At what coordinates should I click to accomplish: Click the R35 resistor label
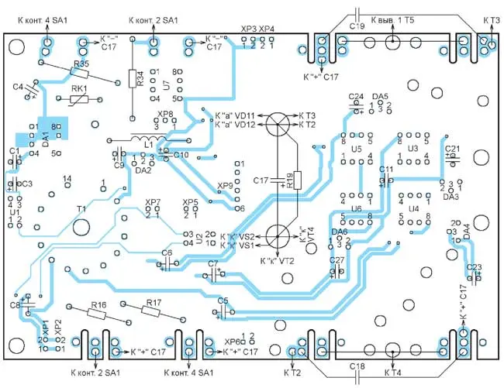(80, 64)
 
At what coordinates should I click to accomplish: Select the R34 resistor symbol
(133, 79)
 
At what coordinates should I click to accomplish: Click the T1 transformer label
(81, 210)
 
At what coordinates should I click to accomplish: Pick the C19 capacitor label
(357, 26)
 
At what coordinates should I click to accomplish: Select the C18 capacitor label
(357, 366)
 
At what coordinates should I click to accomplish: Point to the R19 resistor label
(288, 180)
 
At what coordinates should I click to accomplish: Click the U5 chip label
(357, 148)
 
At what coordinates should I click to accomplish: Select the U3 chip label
(413, 148)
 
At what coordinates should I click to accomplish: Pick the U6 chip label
(357, 209)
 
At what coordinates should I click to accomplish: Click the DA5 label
(380, 97)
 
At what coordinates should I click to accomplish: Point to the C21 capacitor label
(453, 149)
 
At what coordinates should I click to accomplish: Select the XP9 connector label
(225, 186)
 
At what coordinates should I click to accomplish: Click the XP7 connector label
(153, 203)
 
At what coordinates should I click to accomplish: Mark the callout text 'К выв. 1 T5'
(393, 18)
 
